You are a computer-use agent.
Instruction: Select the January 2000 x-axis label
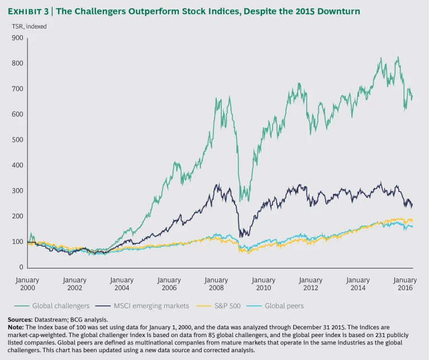point(27,284)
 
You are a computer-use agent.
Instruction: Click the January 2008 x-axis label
point(216,284)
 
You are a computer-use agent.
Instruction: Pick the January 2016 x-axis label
point(405,284)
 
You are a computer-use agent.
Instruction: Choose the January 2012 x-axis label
point(311,284)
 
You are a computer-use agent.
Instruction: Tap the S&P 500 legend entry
point(227,306)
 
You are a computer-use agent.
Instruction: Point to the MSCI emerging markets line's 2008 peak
point(216,185)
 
